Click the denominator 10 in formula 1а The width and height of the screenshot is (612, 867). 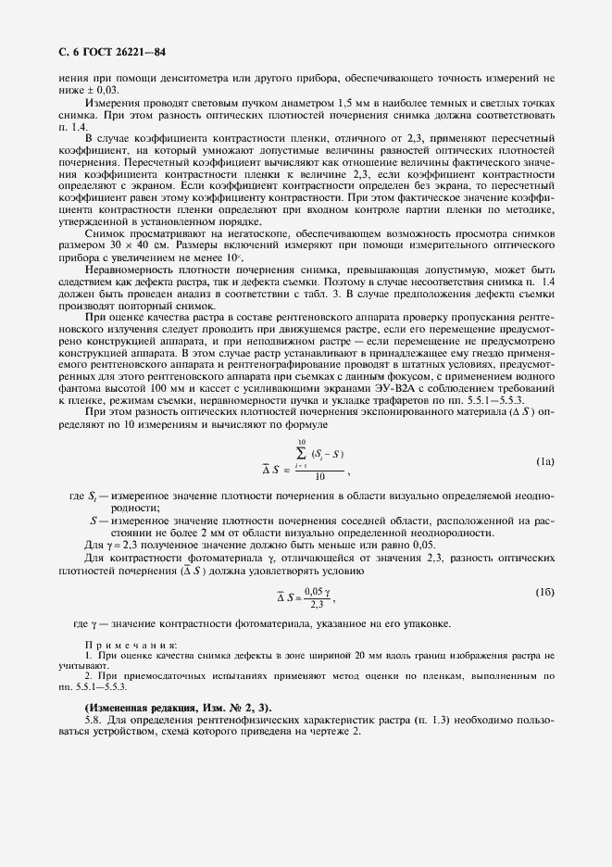click(319, 476)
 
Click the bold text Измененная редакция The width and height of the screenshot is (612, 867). click(139, 707)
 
